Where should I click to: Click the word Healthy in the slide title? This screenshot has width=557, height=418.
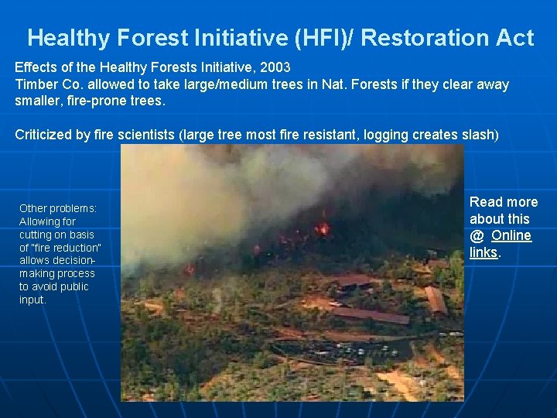point(65,38)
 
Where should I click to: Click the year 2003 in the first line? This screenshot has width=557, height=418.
point(275,67)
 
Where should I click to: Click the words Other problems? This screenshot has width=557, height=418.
point(58,208)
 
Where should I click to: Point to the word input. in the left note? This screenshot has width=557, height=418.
point(32,300)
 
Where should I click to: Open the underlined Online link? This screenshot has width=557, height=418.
point(511,235)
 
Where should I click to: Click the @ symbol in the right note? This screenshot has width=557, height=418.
point(477,235)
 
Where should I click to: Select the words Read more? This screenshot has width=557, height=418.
point(503,202)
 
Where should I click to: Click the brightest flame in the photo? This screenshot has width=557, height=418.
point(323,228)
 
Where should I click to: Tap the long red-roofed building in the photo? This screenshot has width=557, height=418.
point(370,315)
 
